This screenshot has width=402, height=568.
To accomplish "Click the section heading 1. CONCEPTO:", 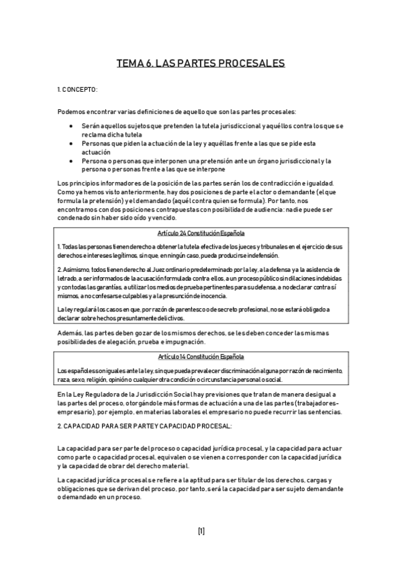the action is pyautogui.click(x=78, y=89).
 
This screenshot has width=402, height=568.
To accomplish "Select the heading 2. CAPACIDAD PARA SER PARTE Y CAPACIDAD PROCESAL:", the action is pyautogui.click(x=145, y=425).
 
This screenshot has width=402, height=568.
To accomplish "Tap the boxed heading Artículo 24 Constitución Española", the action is pyautogui.click(x=201, y=233).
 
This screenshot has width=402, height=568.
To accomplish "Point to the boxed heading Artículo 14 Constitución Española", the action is pyautogui.click(x=201, y=357).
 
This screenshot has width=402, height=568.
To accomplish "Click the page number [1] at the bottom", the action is pyautogui.click(x=201, y=531).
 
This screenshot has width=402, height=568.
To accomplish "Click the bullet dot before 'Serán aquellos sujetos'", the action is pyautogui.click(x=72, y=126).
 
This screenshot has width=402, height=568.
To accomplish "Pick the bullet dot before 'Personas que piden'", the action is pyautogui.click(x=72, y=143).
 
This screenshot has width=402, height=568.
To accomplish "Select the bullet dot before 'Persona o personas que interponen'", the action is pyautogui.click(x=72, y=161).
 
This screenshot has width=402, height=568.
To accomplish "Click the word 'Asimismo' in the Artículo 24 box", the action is pyautogui.click(x=74, y=269).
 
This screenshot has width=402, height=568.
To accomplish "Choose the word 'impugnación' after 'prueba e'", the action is pyautogui.click(x=166, y=342).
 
